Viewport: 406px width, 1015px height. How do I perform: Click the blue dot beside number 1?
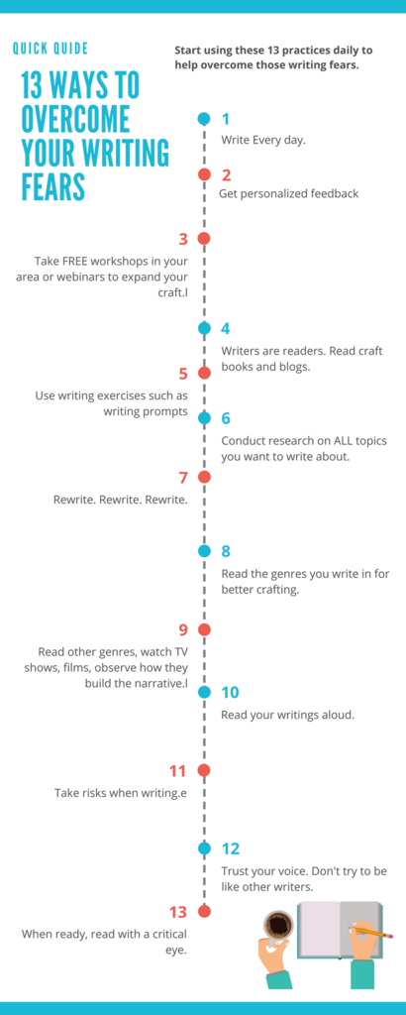[x=204, y=119]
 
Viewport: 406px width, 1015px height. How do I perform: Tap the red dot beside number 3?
[x=204, y=239]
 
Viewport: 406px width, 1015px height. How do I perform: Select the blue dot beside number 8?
[x=204, y=551]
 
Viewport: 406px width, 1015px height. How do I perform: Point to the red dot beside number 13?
[x=204, y=912]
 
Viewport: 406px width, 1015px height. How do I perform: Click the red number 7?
[x=183, y=478]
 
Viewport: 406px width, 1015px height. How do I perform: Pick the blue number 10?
[x=230, y=693]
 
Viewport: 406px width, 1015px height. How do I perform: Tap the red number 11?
[x=178, y=771]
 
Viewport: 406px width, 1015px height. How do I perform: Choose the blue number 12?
[x=231, y=848]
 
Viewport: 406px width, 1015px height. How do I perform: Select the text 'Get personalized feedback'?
[x=288, y=193]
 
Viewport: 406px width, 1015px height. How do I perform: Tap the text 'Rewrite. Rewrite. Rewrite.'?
[x=120, y=500]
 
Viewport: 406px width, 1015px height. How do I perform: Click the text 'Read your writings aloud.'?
[x=287, y=716]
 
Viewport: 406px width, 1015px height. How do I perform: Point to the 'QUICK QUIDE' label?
[x=51, y=49]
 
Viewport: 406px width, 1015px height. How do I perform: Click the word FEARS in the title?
[x=53, y=186]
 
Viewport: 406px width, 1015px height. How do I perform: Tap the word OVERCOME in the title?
[x=75, y=119]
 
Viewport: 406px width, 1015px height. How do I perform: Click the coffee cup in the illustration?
[x=279, y=923]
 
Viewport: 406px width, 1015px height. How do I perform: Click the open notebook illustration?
[x=339, y=930]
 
